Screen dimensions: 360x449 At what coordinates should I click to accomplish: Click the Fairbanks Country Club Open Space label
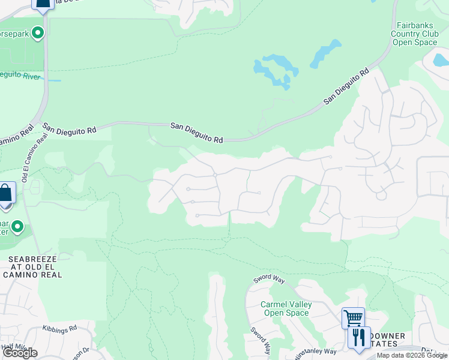pos(415,34)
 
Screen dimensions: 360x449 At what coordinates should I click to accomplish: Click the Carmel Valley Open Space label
pos(286,308)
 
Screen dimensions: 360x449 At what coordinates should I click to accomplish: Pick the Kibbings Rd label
pos(60,329)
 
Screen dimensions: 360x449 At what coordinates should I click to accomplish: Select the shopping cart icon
pos(353,317)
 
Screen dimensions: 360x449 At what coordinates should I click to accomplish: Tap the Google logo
pos(20,353)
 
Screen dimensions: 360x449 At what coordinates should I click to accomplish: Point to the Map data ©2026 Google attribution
pos(412,355)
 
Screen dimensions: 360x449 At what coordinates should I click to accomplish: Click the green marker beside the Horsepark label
pos(38,33)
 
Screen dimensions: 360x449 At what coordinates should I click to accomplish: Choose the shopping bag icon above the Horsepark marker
pos(42,5)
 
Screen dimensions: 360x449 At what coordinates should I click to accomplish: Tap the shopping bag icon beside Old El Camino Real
pos(5,194)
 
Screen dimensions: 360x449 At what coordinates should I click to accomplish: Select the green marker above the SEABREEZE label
pos(17,227)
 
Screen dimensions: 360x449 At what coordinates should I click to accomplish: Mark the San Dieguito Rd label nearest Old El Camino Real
pos(70,128)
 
